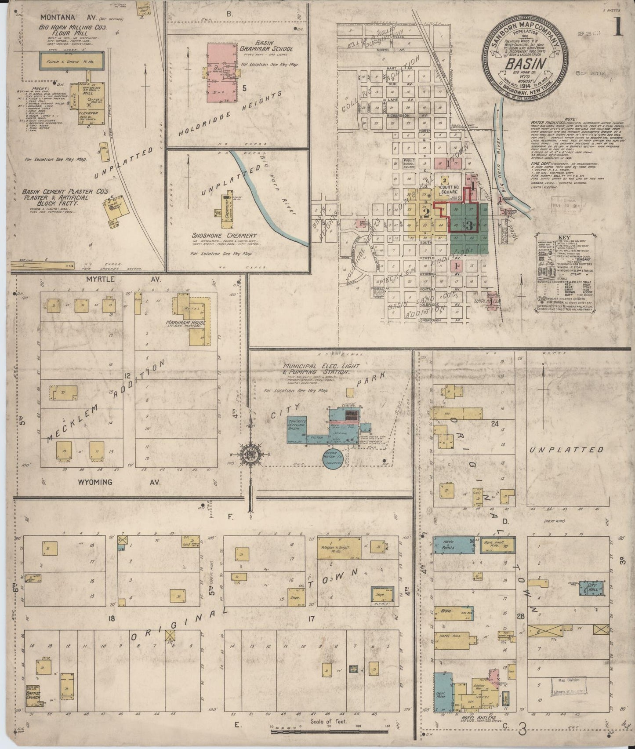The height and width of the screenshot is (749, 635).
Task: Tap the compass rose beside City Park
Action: (x=250, y=455)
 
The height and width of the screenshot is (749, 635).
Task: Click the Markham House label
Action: (x=186, y=323)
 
